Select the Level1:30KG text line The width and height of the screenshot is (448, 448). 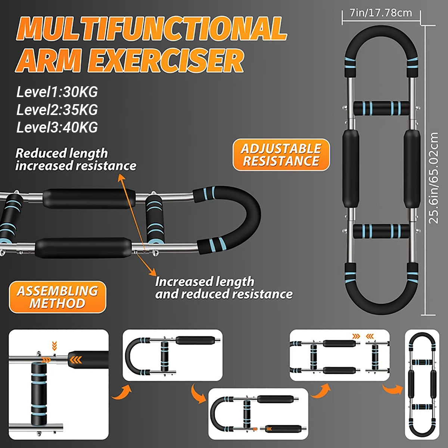click(x=57, y=92)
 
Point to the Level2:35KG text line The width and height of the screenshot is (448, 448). click(x=57, y=110)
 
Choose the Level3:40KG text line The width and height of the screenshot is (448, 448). click(x=57, y=127)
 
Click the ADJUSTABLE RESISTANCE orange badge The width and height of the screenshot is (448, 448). click(x=281, y=155)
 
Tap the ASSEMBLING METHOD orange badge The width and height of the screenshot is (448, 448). click(x=57, y=297)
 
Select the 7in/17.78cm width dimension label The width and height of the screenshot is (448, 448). click(x=381, y=13)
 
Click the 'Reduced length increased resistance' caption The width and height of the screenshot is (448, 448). click(x=75, y=159)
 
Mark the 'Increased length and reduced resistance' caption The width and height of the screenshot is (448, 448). click(x=223, y=287)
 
